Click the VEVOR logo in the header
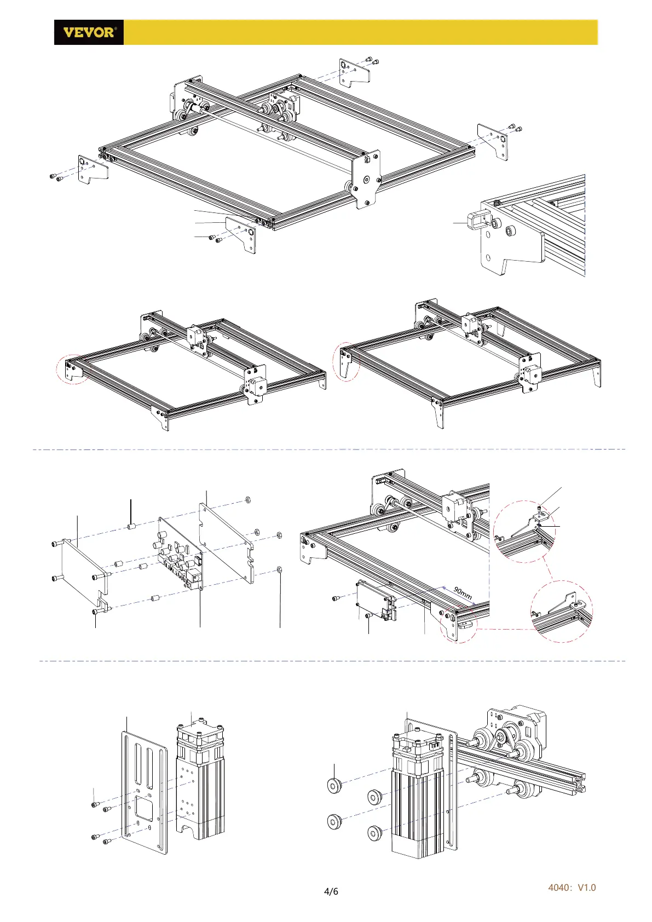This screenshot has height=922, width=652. point(89,32)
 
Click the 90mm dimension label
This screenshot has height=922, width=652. point(463,593)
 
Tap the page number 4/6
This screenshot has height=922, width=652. point(331,891)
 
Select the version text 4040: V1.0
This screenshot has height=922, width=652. point(572,888)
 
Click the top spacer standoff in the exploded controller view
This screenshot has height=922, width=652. point(131,527)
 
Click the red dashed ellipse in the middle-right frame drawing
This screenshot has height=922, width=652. point(346,361)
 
